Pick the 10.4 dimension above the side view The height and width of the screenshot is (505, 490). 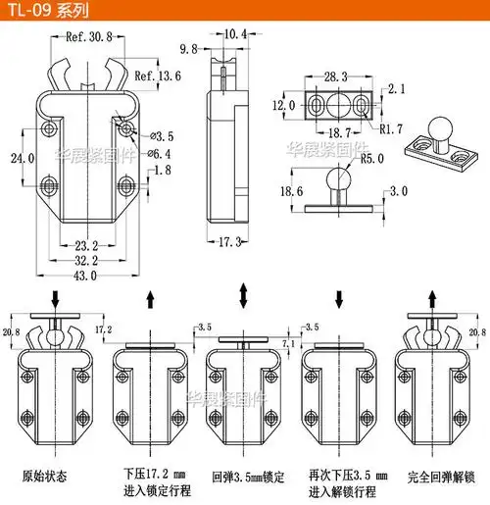[234, 34]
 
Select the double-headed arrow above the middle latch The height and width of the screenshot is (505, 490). [245, 296]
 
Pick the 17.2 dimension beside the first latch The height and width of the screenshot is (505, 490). [104, 329]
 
